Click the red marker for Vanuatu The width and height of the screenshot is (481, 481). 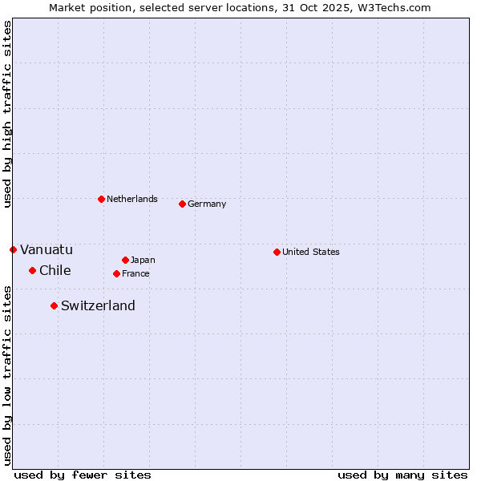click(x=13, y=249)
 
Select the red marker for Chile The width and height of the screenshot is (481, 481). click(x=32, y=270)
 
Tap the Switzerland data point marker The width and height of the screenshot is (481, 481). click(x=54, y=305)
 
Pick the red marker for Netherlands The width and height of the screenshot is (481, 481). click(x=101, y=199)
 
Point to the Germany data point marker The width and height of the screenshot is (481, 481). click(x=182, y=204)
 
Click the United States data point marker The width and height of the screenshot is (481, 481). click(x=277, y=252)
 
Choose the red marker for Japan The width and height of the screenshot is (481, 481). click(x=125, y=260)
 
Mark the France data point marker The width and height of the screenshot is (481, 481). click(x=116, y=273)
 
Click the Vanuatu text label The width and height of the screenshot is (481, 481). click(x=46, y=249)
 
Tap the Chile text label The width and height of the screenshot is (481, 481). click(x=55, y=270)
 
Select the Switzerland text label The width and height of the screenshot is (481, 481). click(x=98, y=305)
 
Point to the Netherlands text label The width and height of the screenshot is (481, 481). click(x=132, y=199)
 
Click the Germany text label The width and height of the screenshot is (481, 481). click(x=207, y=204)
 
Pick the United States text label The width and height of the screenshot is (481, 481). click(x=311, y=252)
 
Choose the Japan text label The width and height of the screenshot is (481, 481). click(x=143, y=260)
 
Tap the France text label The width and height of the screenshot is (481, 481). click(x=135, y=273)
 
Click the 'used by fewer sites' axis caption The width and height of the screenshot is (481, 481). click(x=83, y=475)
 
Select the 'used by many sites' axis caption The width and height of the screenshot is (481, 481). click(x=402, y=475)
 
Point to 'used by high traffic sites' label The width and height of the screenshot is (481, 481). click(x=7, y=114)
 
